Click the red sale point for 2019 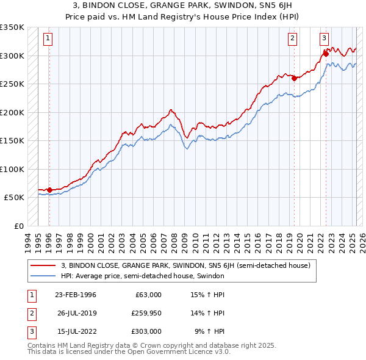point(294,78)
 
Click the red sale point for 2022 point(326,54)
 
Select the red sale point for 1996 point(49,190)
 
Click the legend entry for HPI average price point(143,276)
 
